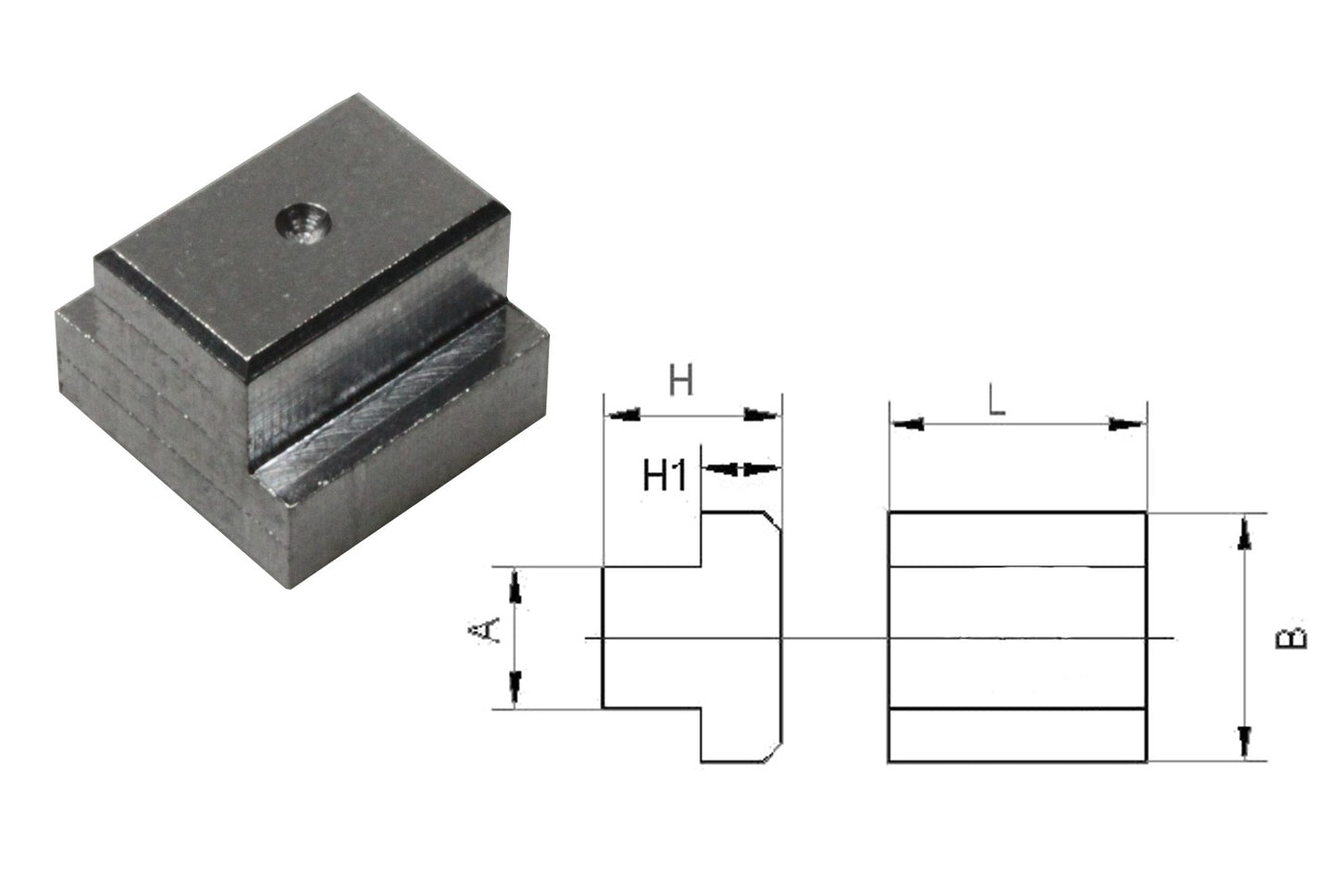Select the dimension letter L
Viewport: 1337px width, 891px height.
click(996, 400)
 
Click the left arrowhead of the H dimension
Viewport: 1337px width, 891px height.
click(622, 415)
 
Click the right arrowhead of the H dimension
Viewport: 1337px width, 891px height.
click(763, 415)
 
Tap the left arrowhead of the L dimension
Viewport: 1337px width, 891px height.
click(907, 425)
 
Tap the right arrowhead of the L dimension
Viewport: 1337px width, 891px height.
click(1127, 425)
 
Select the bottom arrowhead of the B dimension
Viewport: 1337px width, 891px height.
click(1246, 742)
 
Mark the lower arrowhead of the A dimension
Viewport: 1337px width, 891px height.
click(515, 689)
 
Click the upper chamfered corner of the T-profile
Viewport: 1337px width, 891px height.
click(772, 521)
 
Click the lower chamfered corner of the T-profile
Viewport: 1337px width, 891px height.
click(772, 753)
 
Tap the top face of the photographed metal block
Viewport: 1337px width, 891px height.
click(305, 241)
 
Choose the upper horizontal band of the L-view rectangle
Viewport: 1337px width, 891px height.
click(1017, 539)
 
